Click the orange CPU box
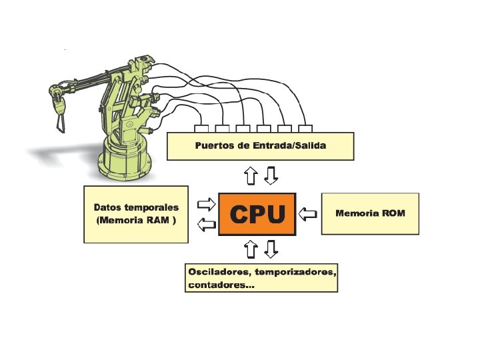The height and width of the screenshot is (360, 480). coord(257,214)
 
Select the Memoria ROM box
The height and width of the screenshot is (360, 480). coord(370,213)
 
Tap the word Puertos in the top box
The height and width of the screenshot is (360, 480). coord(216,145)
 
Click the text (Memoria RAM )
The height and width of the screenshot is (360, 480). coord(136,219)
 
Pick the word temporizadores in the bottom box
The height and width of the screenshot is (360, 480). coord(296,273)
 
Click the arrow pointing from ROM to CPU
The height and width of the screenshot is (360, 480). coord(307,214)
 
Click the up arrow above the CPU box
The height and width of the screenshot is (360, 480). coord(250,176)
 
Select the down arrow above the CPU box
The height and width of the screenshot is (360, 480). coord(270,176)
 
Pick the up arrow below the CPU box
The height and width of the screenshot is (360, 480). coord(250,249)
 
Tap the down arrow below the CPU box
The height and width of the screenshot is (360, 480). coord(270,249)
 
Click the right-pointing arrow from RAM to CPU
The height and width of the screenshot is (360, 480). coord(207,203)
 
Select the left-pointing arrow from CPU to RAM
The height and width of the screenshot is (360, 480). coord(207,225)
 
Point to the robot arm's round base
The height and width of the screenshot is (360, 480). coord(125,160)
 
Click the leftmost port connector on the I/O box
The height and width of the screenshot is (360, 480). coord(201,129)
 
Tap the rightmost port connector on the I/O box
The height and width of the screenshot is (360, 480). coord(306,129)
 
